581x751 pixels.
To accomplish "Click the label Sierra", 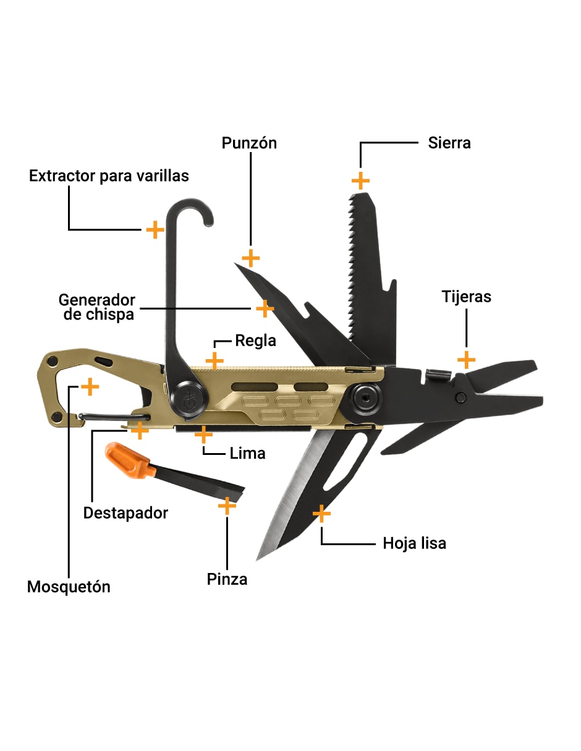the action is (x=449, y=143).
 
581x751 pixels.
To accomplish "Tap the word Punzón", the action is (x=249, y=143).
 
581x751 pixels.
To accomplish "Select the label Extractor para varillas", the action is (x=109, y=176).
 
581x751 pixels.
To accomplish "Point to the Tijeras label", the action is (x=466, y=297).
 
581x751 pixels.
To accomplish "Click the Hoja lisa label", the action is (x=414, y=543).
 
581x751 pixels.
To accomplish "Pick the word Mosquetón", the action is (x=69, y=587).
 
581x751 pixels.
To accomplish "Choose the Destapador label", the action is (x=125, y=513).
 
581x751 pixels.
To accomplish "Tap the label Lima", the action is (x=247, y=453).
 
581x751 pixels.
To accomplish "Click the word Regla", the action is (x=256, y=341).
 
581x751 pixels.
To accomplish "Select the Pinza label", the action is (x=227, y=579).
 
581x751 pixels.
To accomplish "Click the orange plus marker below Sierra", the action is (x=360, y=180).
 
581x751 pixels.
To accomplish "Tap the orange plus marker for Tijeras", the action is (x=466, y=360).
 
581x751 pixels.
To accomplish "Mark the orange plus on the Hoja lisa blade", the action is (x=321, y=514).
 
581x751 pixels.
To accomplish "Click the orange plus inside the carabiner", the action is (x=90, y=386).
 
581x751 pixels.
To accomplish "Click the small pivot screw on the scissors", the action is (x=460, y=397).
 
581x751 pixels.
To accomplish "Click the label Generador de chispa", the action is (x=96, y=307).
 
